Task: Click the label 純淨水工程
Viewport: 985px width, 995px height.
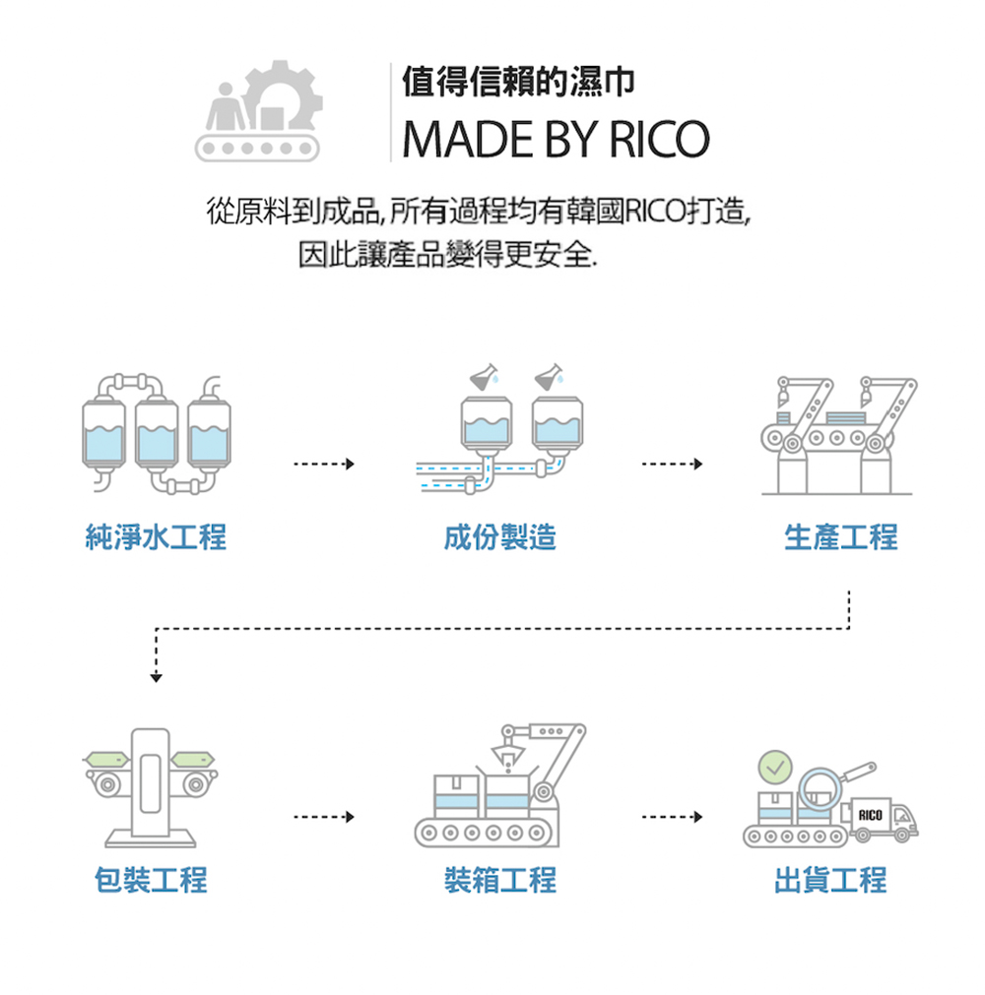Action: [x=156, y=537]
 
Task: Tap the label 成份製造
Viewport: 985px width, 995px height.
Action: [x=500, y=537]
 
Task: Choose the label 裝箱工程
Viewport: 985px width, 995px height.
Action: [x=500, y=879]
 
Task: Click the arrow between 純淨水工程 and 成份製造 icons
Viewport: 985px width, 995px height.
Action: [x=323, y=464]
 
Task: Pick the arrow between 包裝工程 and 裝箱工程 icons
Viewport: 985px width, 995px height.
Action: [x=323, y=817]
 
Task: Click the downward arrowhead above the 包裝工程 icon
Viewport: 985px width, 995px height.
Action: [x=156, y=676]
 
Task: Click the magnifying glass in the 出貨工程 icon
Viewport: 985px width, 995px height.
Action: [x=822, y=787]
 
